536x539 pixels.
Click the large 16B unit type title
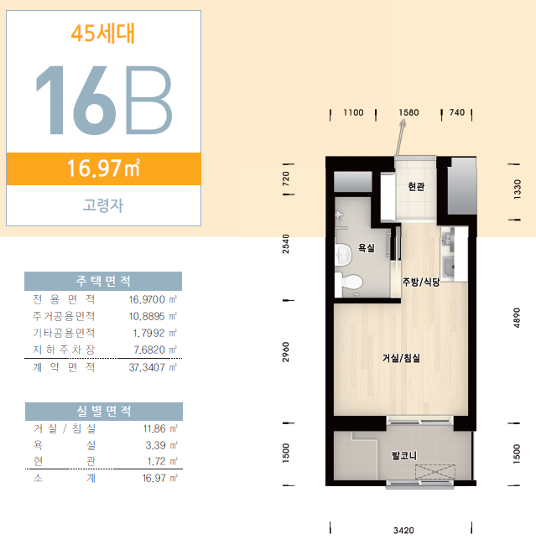point(104,100)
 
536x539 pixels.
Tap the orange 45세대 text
point(103,34)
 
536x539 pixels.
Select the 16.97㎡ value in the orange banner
point(103,168)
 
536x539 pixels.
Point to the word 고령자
point(103,205)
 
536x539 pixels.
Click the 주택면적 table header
point(103,281)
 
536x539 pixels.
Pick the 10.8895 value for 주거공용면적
point(147,316)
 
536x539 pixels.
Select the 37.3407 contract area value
point(147,367)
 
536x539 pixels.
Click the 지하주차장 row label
point(64,350)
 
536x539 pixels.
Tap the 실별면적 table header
point(104,411)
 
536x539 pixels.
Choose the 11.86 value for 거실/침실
point(154,428)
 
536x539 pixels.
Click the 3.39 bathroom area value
point(155,445)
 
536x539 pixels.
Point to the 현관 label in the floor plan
point(416,187)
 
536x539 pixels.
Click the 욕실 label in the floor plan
point(367,248)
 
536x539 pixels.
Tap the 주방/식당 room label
point(421,282)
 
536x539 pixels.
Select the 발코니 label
point(404,456)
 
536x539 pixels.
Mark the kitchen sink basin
point(449,267)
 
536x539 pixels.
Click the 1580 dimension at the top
point(409,112)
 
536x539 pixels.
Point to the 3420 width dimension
point(403,531)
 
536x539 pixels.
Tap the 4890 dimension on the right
point(517,318)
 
